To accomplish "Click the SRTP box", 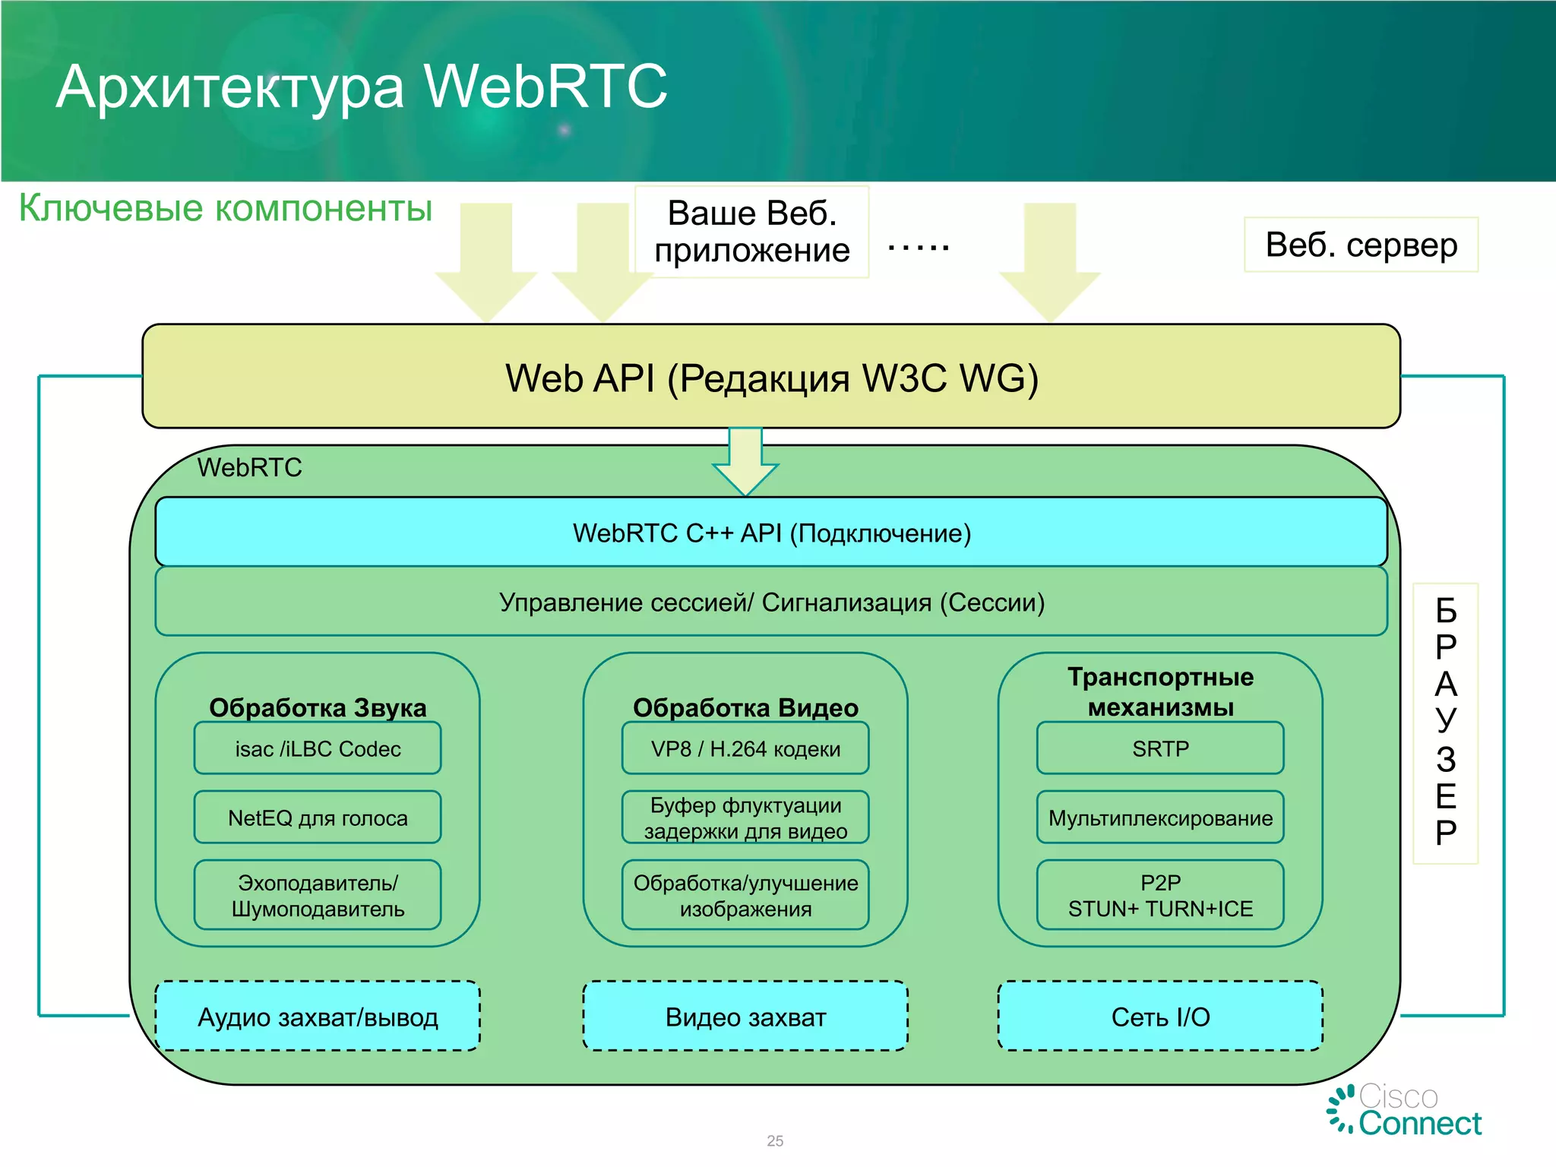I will point(1160,748).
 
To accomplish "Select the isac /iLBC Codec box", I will point(318,748).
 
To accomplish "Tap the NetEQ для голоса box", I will point(318,818).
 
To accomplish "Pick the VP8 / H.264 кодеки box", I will point(745,748).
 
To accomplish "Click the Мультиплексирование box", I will point(1160,818).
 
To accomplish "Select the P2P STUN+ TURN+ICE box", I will point(1160,895).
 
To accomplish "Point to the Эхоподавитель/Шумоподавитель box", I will point(318,895).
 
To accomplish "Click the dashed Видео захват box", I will point(745,1017).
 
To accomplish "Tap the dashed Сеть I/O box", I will point(1160,1017).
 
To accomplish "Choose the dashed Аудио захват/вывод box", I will point(318,1017).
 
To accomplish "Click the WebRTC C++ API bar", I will point(771,533).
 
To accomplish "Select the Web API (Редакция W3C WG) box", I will point(771,378).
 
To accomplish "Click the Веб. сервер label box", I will point(1361,245).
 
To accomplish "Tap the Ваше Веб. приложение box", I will point(751,232).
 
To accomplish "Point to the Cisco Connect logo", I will point(1405,1110).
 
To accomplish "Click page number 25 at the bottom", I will point(775,1140).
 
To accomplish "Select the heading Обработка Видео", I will point(745,707).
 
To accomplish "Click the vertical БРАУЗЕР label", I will point(1445,723).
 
